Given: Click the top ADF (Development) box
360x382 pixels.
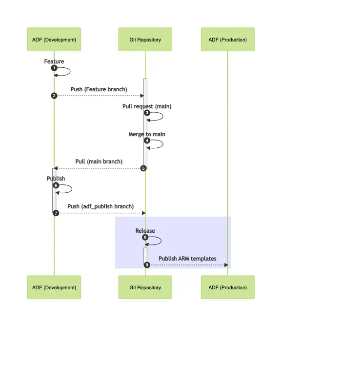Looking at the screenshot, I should click(x=54, y=40).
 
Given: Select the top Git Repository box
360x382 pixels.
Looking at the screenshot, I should click(x=145, y=40).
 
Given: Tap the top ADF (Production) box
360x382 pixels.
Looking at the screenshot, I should click(x=227, y=40).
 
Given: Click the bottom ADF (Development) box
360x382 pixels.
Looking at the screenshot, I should click(x=54, y=287).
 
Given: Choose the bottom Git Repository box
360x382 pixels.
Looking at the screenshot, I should click(x=145, y=287).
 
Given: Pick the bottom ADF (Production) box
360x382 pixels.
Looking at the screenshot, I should click(x=227, y=287).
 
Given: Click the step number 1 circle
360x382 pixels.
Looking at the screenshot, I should click(x=54, y=68).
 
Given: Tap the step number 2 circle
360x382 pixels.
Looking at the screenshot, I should click(x=54, y=96).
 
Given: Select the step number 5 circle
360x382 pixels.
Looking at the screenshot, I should click(x=143, y=168).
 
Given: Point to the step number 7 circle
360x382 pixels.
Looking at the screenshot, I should click(x=56, y=213).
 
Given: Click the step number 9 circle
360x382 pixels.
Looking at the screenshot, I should click(x=147, y=264).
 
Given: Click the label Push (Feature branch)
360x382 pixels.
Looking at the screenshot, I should click(x=99, y=89).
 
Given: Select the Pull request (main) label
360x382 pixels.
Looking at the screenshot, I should click(x=146, y=106).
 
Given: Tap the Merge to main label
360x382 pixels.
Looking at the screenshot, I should click(x=146, y=134).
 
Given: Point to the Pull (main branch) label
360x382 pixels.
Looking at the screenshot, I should click(x=99, y=161).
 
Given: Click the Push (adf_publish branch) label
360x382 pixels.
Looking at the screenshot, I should click(x=100, y=206).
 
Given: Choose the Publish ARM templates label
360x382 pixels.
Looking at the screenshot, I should click(x=187, y=259).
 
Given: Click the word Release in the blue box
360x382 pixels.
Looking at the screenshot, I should click(x=145, y=231).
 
